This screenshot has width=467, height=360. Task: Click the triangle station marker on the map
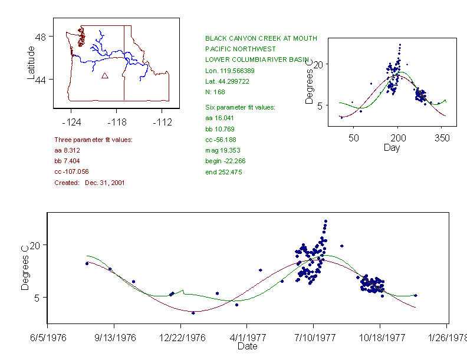click(105, 75)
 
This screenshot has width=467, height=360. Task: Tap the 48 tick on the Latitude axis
click(41, 37)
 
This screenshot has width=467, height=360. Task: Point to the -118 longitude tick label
click(116, 123)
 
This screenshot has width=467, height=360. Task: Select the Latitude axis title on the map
click(31, 63)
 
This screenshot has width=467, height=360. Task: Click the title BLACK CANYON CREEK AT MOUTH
click(261, 38)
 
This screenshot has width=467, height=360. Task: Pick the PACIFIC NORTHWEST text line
click(236, 49)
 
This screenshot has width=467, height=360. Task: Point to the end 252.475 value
click(223, 172)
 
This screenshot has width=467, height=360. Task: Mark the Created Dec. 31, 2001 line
click(89, 183)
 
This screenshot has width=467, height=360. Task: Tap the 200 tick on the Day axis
click(398, 138)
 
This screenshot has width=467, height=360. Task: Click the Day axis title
click(392, 147)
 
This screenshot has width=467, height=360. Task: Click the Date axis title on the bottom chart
click(247, 346)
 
